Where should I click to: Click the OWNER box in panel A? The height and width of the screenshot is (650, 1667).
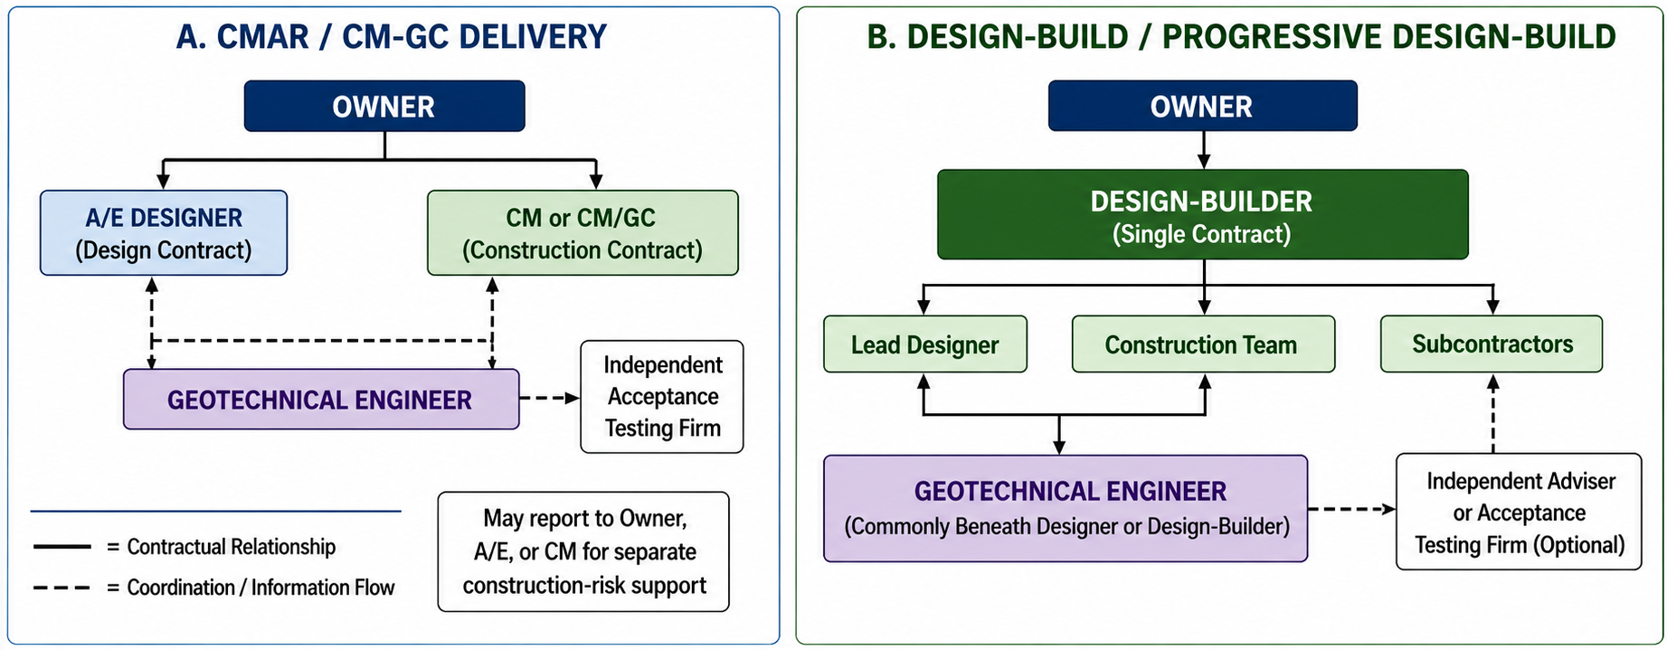pos(384,106)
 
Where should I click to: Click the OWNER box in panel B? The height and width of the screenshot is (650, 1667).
pos(1202,106)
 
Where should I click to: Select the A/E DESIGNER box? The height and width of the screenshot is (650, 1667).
pos(164,232)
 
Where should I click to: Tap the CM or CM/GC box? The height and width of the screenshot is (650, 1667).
pos(583,232)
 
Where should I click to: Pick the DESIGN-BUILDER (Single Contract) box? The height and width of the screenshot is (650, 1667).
pos(1202,215)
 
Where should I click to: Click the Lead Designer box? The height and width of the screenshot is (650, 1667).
pos(925,344)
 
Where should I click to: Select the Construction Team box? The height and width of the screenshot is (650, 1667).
pos(1203,344)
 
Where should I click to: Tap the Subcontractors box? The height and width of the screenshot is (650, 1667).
pos(1492,344)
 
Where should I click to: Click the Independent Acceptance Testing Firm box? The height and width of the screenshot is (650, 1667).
pos(662,397)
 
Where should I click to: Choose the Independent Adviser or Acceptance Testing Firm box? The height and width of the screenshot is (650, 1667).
pos(1520,512)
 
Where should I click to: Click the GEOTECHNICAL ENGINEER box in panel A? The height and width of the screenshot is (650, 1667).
pos(321,399)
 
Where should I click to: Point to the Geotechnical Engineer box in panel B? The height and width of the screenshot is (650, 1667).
pos(1066,509)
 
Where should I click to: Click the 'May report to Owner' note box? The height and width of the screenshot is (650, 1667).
pos(583,551)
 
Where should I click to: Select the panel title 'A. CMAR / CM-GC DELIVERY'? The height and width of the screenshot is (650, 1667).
pos(392,37)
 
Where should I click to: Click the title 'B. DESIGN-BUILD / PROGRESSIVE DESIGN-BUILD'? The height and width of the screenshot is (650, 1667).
pos(1241,37)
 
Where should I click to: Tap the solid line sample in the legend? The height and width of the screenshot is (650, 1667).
pos(62,547)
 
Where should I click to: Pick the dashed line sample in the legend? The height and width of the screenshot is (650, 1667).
pos(62,588)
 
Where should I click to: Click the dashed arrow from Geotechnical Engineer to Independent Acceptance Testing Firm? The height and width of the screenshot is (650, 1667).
pos(550,398)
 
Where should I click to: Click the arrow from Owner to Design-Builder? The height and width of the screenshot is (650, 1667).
pos(1203,150)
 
